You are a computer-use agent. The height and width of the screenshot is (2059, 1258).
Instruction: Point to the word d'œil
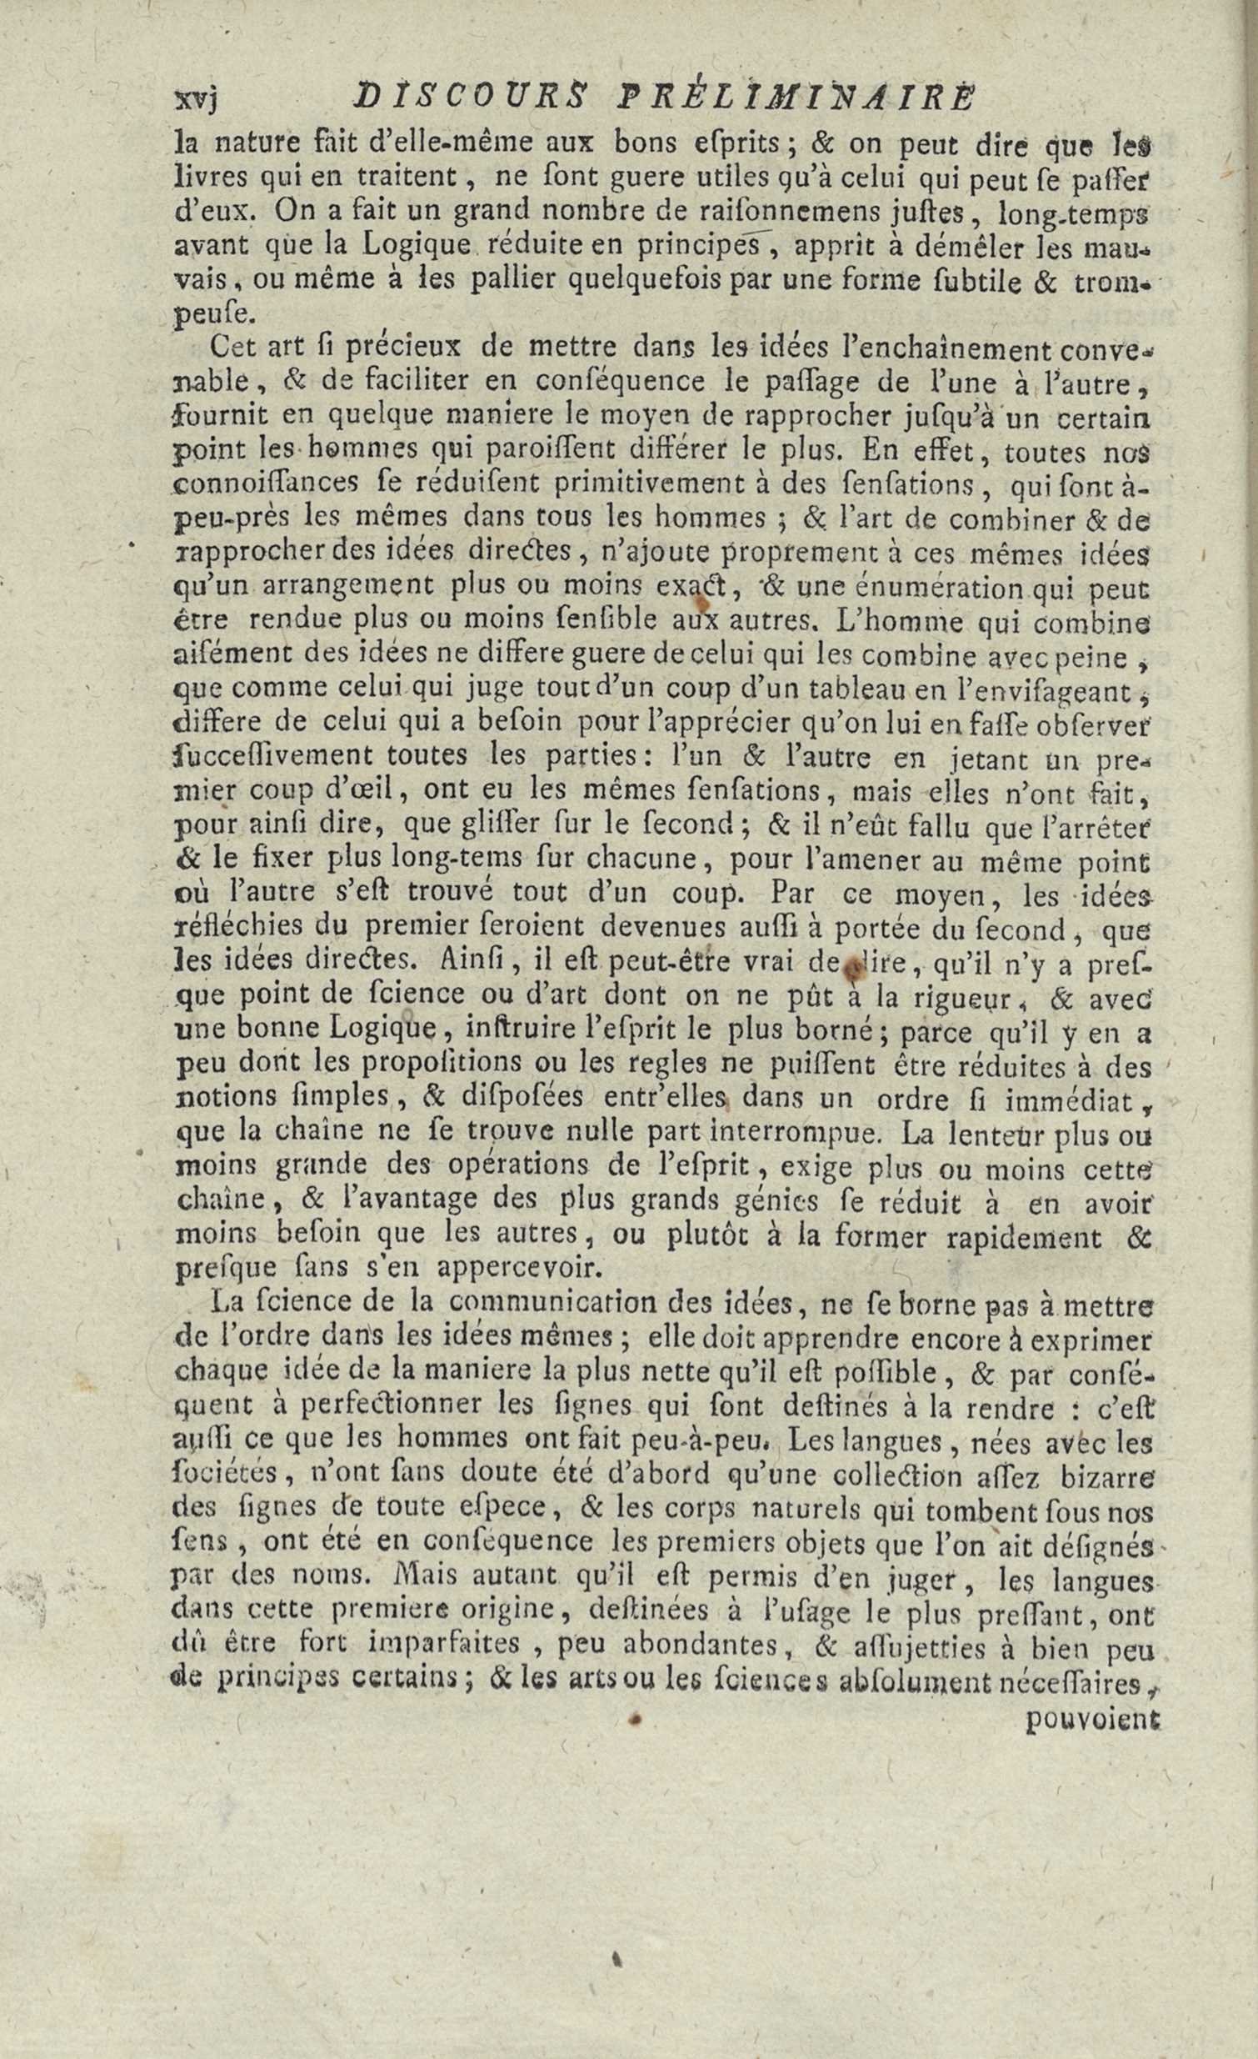(x=368, y=790)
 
